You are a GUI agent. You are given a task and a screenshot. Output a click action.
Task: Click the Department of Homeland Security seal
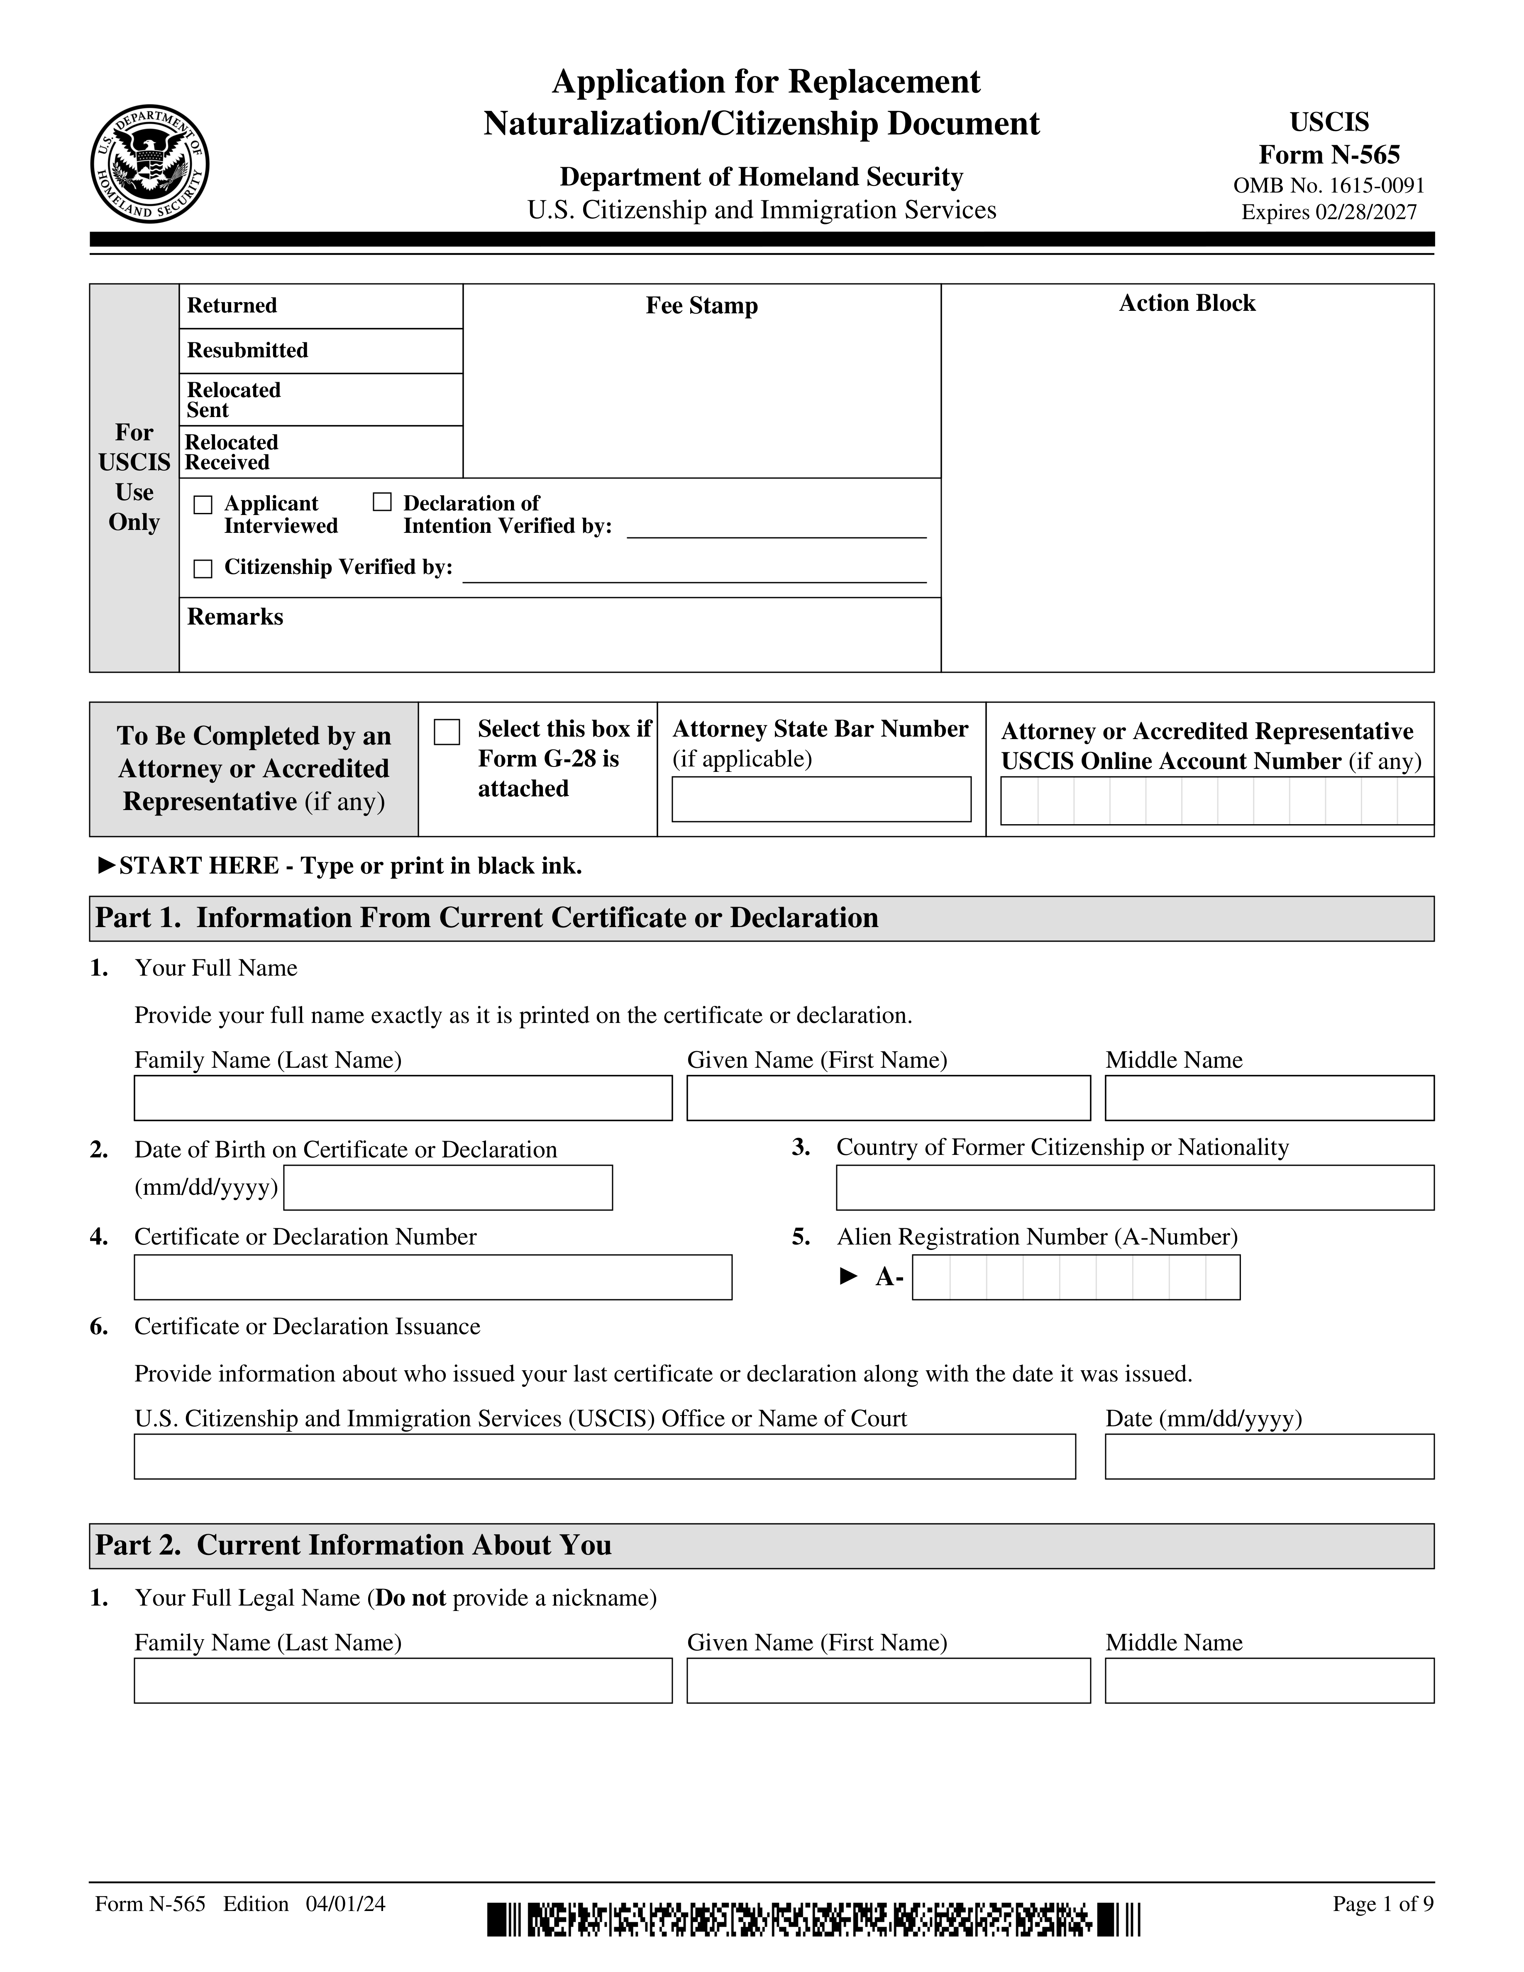pos(150,164)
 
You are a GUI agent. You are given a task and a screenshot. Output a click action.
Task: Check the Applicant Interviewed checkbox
pos(203,505)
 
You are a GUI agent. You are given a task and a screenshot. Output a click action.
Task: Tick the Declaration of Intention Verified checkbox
pos(382,502)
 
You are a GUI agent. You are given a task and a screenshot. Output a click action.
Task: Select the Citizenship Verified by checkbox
pos(203,568)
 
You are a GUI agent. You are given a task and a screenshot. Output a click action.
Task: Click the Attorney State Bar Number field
pos(821,799)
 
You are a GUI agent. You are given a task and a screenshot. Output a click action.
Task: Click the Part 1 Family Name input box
pos(403,1098)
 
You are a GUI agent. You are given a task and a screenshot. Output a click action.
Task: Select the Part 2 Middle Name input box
pos(1268,1680)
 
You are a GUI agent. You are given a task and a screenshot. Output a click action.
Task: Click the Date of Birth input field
pos(448,1187)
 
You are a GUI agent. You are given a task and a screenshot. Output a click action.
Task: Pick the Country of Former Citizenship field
pos(1134,1187)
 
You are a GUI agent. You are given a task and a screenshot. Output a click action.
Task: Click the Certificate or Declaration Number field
pos(432,1277)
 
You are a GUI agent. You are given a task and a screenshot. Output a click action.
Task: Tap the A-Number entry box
pos(1075,1277)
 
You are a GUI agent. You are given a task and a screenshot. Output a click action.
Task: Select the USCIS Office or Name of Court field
pos(604,1457)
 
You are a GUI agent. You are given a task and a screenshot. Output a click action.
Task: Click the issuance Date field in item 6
pos(1268,1457)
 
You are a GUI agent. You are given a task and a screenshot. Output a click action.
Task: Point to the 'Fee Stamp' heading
pos(701,306)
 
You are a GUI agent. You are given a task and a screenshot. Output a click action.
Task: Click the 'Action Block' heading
pos(1186,303)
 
